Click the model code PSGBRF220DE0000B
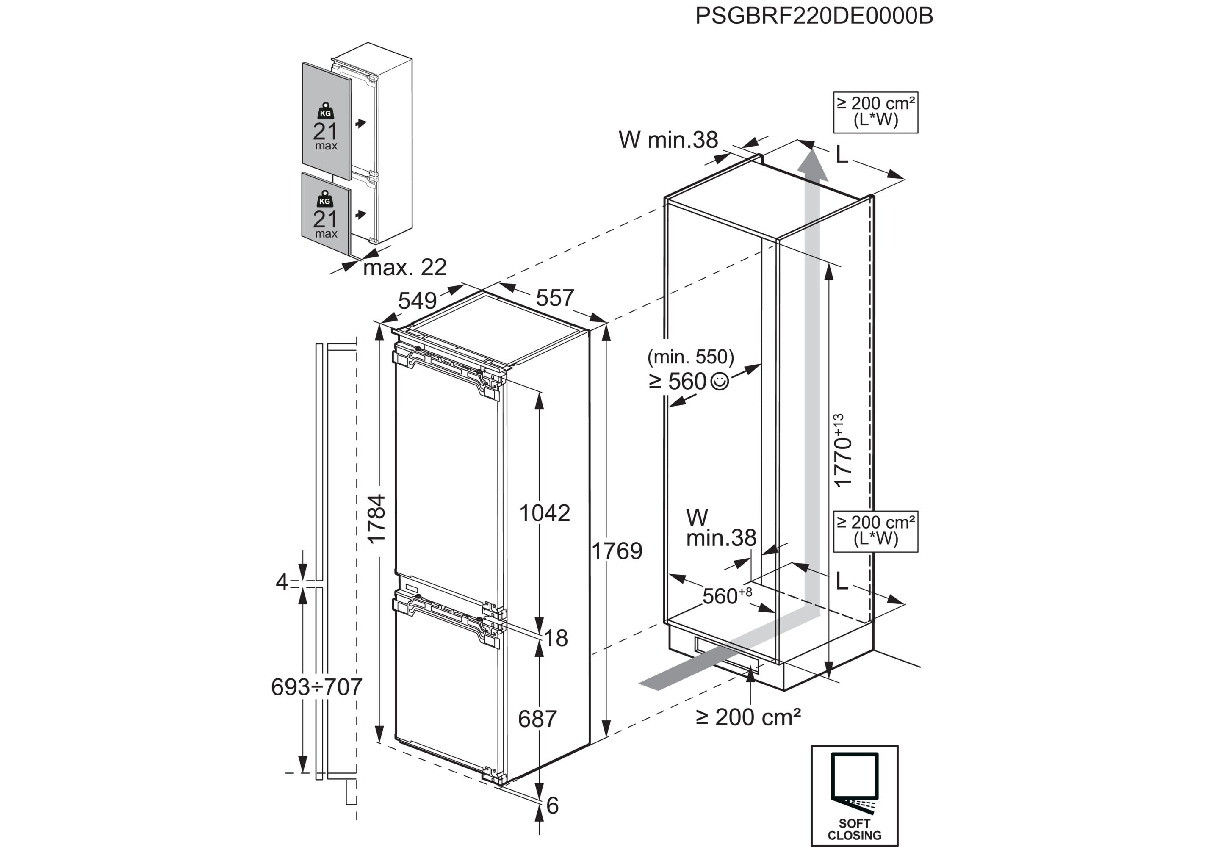(814, 16)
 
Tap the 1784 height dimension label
(377, 519)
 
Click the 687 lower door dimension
(537, 719)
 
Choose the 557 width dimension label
(555, 298)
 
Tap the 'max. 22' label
(405, 268)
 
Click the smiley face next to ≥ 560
(720, 381)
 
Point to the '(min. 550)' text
(690, 357)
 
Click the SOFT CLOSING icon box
(854, 795)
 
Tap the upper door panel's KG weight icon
(325, 111)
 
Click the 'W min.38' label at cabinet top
(667, 140)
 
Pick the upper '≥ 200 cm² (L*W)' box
(875, 112)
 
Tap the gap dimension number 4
(282, 582)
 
